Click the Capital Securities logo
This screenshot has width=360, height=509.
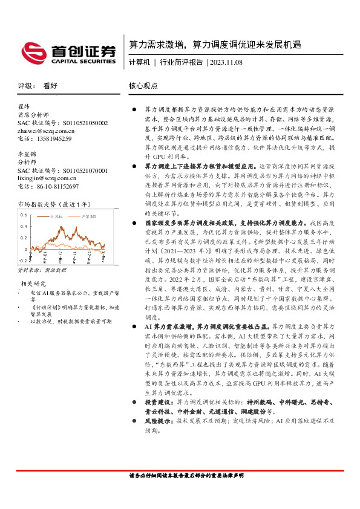(68, 53)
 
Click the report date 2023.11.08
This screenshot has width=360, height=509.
(226, 62)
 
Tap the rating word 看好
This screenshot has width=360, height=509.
(50, 86)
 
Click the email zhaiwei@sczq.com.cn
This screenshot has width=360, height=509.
(46, 130)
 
